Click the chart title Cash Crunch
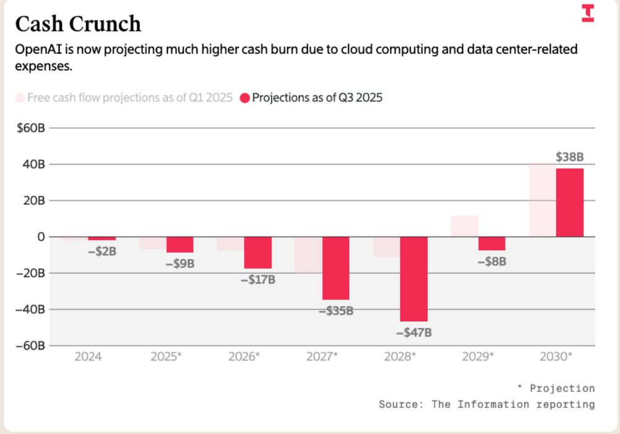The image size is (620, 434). [x=78, y=24]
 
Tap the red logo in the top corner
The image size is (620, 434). [x=588, y=13]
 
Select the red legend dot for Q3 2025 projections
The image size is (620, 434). [x=244, y=98]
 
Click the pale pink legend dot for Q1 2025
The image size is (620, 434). [x=20, y=98]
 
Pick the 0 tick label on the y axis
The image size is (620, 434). [x=40, y=237]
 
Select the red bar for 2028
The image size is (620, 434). [x=414, y=278]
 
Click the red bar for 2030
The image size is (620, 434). [x=569, y=203]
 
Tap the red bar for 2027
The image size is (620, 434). [x=335, y=268]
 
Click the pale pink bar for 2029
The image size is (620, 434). [x=464, y=226]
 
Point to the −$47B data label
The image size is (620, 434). [x=414, y=332]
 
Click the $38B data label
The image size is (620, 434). [x=569, y=157]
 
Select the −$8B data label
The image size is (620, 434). [x=492, y=262]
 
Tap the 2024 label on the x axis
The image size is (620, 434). [x=88, y=356]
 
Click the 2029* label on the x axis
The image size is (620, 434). [x=478, y=356]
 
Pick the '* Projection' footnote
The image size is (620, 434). [x=556, y=388]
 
